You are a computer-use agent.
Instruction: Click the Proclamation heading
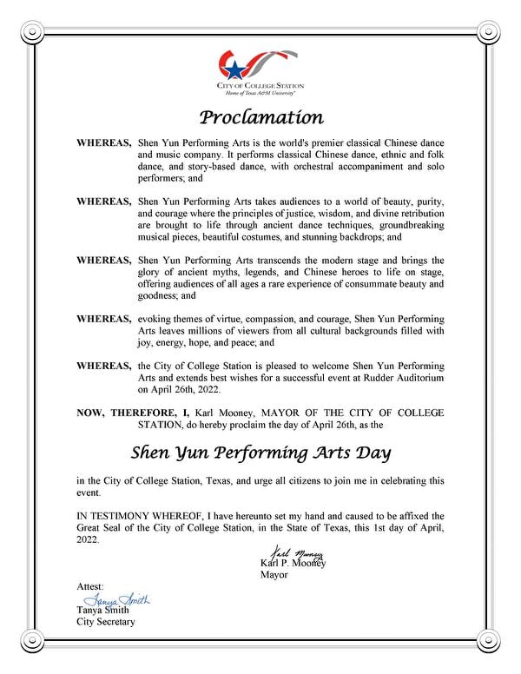tap(261, 116)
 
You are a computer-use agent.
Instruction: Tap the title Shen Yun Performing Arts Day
tap(261, 453)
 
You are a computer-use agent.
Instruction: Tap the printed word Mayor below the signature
tap(274, 574)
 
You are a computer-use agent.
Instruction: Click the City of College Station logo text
tap(260, 86)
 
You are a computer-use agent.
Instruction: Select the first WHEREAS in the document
tap(104, 141)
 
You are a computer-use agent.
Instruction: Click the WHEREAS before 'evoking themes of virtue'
tap(104, 319)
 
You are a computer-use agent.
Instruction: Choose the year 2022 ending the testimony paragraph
tap(88, 539)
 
